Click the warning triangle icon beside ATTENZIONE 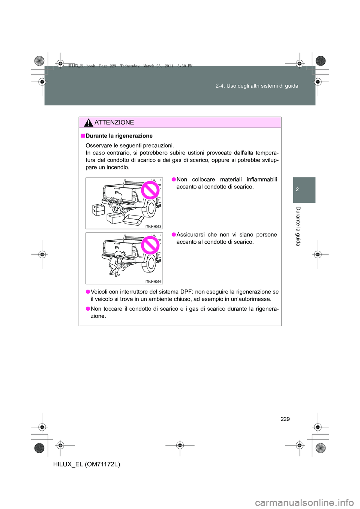tap(88, 123)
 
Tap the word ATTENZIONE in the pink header tap(114, 123)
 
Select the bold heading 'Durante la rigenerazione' tap(119, 136)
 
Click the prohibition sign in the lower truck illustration tap(150, 246)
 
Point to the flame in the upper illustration tap(118, 208)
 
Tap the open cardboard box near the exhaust tap(134, 220)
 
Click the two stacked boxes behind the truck tap(99, 210)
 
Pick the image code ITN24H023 tap(153, 226)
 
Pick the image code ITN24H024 tap(153, 281)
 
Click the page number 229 tap(285, 419)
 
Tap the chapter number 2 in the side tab tap(297, 190)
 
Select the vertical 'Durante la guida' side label tap(298, 226)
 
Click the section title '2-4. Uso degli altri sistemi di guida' tap(257, 86)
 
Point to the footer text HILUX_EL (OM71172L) tap(87, 464)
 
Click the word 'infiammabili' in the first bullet tap(262, 180)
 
